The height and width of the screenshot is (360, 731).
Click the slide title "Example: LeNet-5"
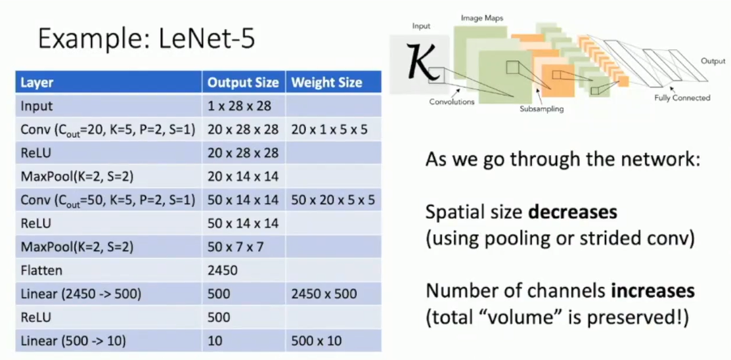point(146,39)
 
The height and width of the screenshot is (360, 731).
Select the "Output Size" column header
point(243,83)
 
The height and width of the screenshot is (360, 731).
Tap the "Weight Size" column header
point(326,83)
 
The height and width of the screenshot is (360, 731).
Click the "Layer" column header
point(37,83)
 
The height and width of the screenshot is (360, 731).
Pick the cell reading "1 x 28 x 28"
point(239,106)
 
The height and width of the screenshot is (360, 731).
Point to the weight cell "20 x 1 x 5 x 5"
point(329,129)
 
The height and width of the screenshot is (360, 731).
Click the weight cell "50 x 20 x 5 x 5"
point(333,200)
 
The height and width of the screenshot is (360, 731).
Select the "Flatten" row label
point(41,270)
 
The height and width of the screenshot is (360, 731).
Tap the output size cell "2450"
point(223,270)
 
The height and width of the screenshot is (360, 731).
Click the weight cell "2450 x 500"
point(324,294)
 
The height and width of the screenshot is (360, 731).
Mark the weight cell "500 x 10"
point(317,340)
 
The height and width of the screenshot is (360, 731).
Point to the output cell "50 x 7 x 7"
point(235,247)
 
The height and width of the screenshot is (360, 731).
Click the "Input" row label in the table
point(37,106)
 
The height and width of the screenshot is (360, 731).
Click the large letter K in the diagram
point(420,60)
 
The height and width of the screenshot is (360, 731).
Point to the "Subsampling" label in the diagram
point(542,109)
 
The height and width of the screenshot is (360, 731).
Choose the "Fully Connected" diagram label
point(682,98)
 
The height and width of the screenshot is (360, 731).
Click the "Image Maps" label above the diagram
point(482,18)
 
